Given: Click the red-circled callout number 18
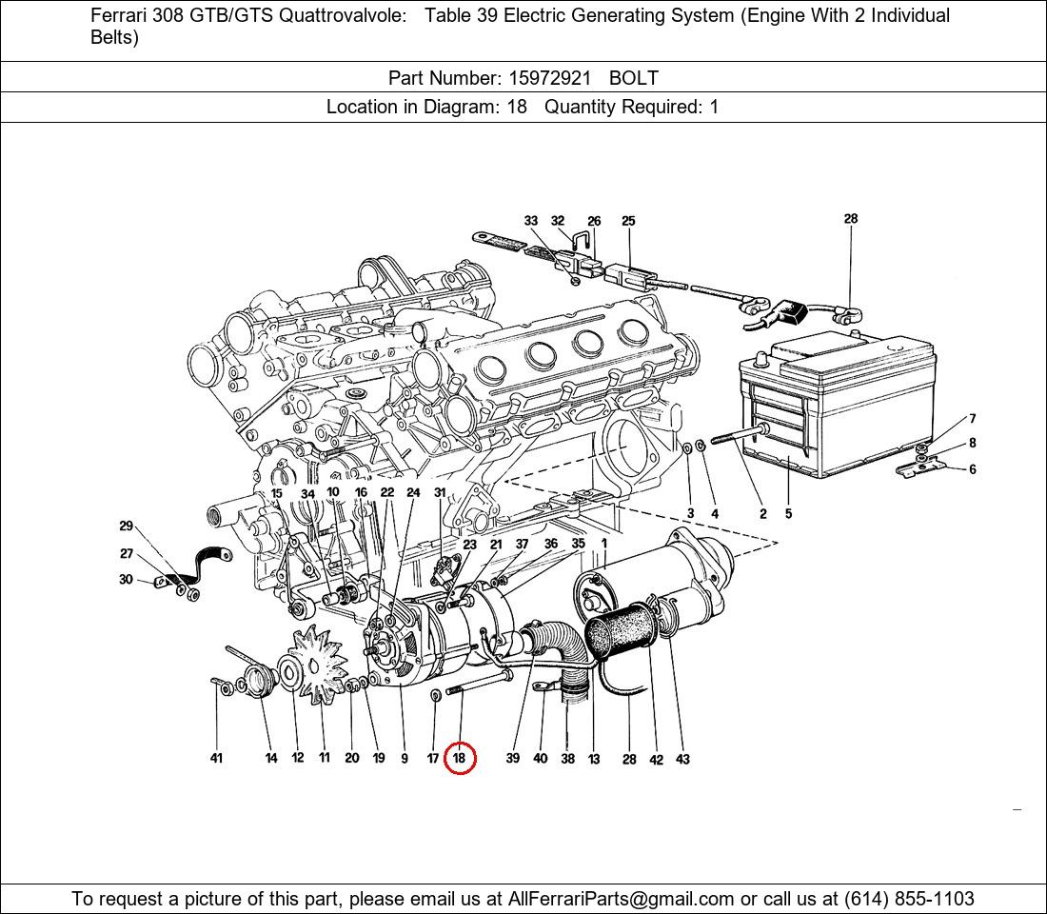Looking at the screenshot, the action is tap(460, 758).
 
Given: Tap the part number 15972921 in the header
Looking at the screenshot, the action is tap(549, 78).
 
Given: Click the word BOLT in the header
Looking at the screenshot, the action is tap(634, 78).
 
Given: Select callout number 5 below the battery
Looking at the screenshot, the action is tap(789, 514).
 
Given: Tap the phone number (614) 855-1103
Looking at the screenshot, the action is tap(909, 899).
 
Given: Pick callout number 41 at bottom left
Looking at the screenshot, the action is tap(216, 758).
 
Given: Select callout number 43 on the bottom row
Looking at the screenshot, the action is tap(682, 759).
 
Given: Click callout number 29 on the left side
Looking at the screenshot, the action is tap(127, 526).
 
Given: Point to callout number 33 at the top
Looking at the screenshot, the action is tap(531, 221).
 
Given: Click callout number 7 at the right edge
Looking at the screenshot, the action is tap(973, 419).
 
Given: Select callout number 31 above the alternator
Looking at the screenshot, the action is tap(440, 492).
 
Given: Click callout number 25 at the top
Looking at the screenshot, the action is tap(628, 221).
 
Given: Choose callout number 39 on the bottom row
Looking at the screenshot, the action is tap(513, 758).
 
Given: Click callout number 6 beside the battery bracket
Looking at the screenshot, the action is tap(973, 469).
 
